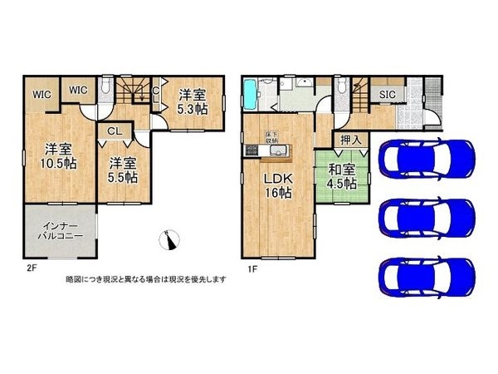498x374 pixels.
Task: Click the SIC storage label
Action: click(387, 95)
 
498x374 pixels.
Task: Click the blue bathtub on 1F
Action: click(251, 97)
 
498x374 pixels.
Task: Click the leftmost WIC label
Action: click(42, 95)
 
